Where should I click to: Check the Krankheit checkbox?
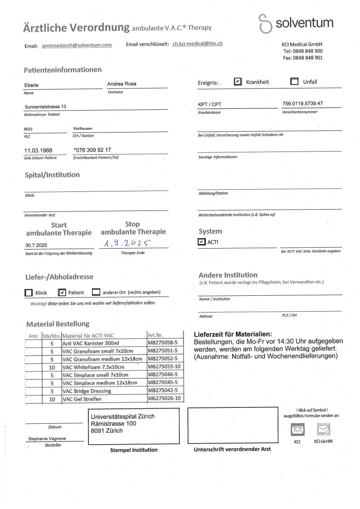[238, 82]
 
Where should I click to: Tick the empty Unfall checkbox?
[294, 82]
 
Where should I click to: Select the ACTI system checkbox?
[202, 242]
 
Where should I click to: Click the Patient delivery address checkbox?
[63, 293]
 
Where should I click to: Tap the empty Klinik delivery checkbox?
[29, 293]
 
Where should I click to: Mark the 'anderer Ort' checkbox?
[96, 293]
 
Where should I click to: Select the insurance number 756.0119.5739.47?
[302, 103]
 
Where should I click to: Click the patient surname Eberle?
[31, 85]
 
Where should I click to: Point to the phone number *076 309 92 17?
[92, 150]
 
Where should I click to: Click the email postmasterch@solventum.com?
[77, 46]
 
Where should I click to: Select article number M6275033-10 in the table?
[164, 367]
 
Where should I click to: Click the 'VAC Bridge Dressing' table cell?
[87, 391]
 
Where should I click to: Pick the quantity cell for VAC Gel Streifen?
[52, 399]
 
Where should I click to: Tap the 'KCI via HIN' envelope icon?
[323, 429]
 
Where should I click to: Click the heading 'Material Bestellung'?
[58, 324]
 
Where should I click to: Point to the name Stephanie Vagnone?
[47, 439]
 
